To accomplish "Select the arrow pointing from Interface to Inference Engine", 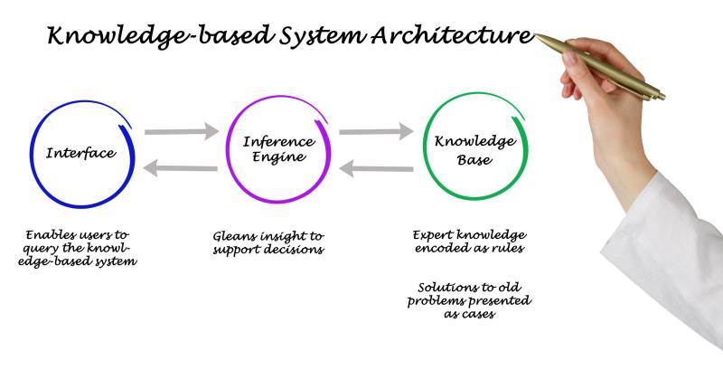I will coord(182,133).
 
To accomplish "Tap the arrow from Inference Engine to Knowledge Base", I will coord(376,133).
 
